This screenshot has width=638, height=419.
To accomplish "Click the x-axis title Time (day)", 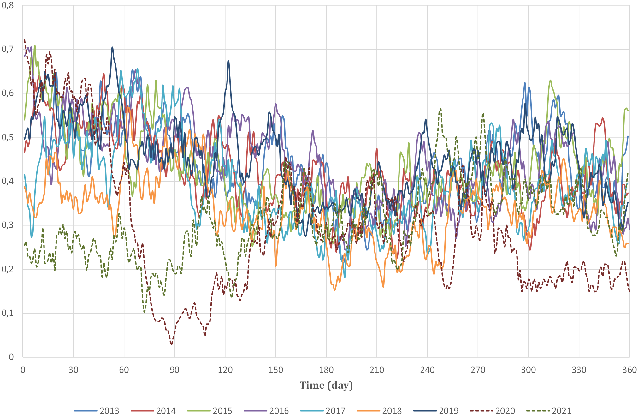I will [x=326, y=385].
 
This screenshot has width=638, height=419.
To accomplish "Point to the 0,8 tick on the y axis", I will [x=8, y=5].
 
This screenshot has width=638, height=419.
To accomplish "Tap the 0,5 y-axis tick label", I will [x=8, y=137].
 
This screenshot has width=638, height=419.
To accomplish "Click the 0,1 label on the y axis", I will [x=8, y=313].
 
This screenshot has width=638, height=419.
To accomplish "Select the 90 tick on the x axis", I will [x=174, y=370].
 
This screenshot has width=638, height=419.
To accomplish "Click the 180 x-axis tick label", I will [x=326, y=370].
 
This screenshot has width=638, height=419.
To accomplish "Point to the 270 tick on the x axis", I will [x=478, y=370].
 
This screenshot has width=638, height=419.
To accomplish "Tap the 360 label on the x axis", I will [x=629, y=370].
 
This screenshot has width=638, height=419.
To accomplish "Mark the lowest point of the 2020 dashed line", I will [x=171, y=344].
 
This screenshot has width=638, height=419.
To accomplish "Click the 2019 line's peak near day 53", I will [x=112, y=47].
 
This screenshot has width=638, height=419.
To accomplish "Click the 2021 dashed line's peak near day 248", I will [x=440, y=109].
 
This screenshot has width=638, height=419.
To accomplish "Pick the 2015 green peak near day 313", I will [x=550, y=80].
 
